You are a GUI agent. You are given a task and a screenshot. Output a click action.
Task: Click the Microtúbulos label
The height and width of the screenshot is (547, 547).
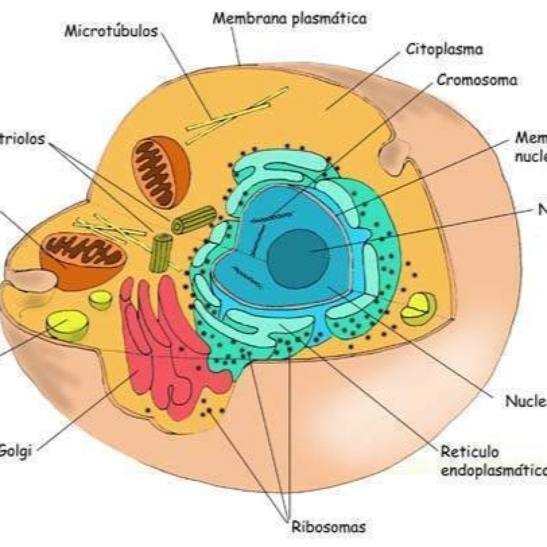click(x=111, y=31)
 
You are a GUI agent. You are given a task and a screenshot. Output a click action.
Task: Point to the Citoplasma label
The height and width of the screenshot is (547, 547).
click(x=444, y=50)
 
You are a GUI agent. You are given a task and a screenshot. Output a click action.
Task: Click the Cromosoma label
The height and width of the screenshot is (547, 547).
click(x=477, y=80)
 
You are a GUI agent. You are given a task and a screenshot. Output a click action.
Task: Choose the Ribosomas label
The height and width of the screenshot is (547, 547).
click(x=329, y=527)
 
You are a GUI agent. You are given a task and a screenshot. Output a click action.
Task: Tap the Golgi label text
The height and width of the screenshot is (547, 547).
click(x=15, y=451)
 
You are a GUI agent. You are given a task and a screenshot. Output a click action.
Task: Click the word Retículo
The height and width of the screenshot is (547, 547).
click(x=470, y=452)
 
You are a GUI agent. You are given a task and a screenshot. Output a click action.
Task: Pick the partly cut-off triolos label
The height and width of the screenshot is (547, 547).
click(x=22, y=139)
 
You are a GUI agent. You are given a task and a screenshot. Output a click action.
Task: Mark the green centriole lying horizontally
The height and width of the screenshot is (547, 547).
click(x=194, y=220)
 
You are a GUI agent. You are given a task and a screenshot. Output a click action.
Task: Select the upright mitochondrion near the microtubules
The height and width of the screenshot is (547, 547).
click(x=161, y=171)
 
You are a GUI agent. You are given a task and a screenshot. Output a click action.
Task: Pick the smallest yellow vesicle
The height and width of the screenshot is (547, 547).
click(x=100, y=300)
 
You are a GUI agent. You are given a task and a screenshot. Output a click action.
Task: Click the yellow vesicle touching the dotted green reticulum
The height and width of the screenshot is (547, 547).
click(x=418, y=309)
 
